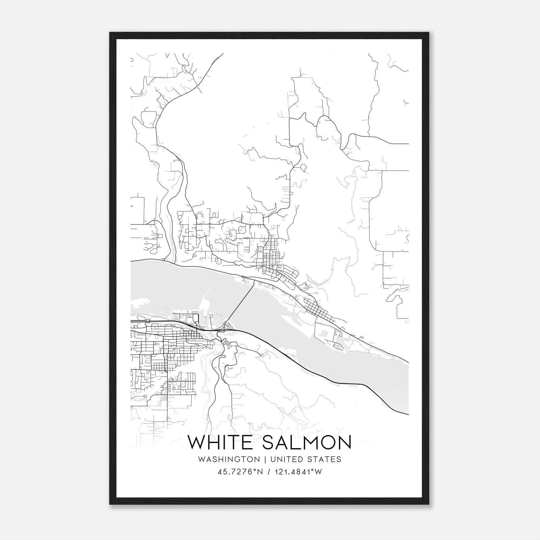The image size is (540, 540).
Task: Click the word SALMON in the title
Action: click(x=307, y=442)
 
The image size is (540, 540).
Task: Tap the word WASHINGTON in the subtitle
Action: click(x=229, y=459)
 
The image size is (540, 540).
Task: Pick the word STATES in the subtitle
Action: click(x=325, y=459)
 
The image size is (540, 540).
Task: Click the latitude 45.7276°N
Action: click(x=240, y=472)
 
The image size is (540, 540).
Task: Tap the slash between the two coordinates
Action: click(x=268, y=472)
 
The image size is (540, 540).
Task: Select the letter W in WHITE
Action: click(x=197, y=442)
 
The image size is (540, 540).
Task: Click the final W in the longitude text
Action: click(x=318, y=472)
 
